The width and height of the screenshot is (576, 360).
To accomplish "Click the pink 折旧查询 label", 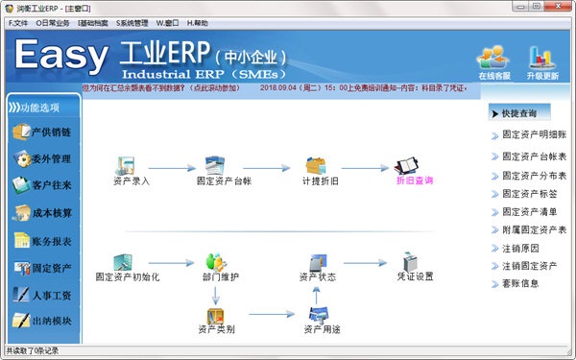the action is [x=415, y=180].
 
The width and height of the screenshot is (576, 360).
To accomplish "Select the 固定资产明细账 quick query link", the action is [x=534, y=136].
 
